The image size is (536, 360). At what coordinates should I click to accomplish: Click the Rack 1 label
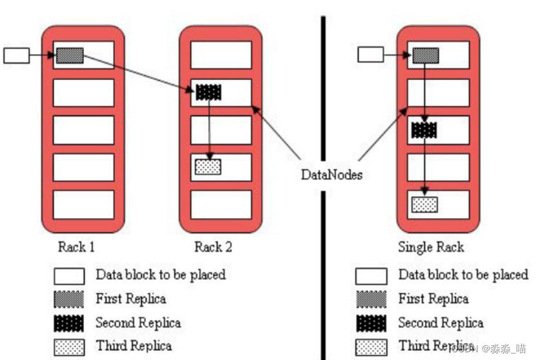pos(77,247)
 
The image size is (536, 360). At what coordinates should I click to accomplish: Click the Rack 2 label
pos(213,247)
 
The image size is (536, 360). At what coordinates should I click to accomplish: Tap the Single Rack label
pos(431,247)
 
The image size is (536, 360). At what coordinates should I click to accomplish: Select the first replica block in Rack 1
pos(70,55)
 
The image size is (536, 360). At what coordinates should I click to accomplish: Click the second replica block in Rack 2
pos(208,92)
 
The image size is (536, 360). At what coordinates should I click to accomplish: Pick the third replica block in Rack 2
pos(208,166)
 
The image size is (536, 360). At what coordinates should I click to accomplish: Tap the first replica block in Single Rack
pos(426,55)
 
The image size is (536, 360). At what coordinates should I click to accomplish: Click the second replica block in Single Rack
pos(424,130)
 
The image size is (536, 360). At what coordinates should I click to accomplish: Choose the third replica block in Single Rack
pos(425,205)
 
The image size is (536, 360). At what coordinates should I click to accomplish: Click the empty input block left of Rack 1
pos(17,55)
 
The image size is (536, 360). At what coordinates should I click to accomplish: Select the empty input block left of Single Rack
pos(370,55)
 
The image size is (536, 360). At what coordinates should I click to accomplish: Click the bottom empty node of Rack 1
pos(83,204)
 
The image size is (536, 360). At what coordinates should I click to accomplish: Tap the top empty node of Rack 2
pos(221,55)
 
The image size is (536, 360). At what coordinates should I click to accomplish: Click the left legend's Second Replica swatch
pos(69,323)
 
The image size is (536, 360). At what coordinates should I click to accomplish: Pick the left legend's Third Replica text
pos(134,346)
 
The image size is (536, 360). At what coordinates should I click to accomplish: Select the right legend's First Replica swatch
pos(371,299)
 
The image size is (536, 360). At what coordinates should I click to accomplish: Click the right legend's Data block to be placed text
pos(462,275)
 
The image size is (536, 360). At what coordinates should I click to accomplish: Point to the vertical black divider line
pos(323,97)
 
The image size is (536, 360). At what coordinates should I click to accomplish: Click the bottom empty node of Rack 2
pos(221,204)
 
